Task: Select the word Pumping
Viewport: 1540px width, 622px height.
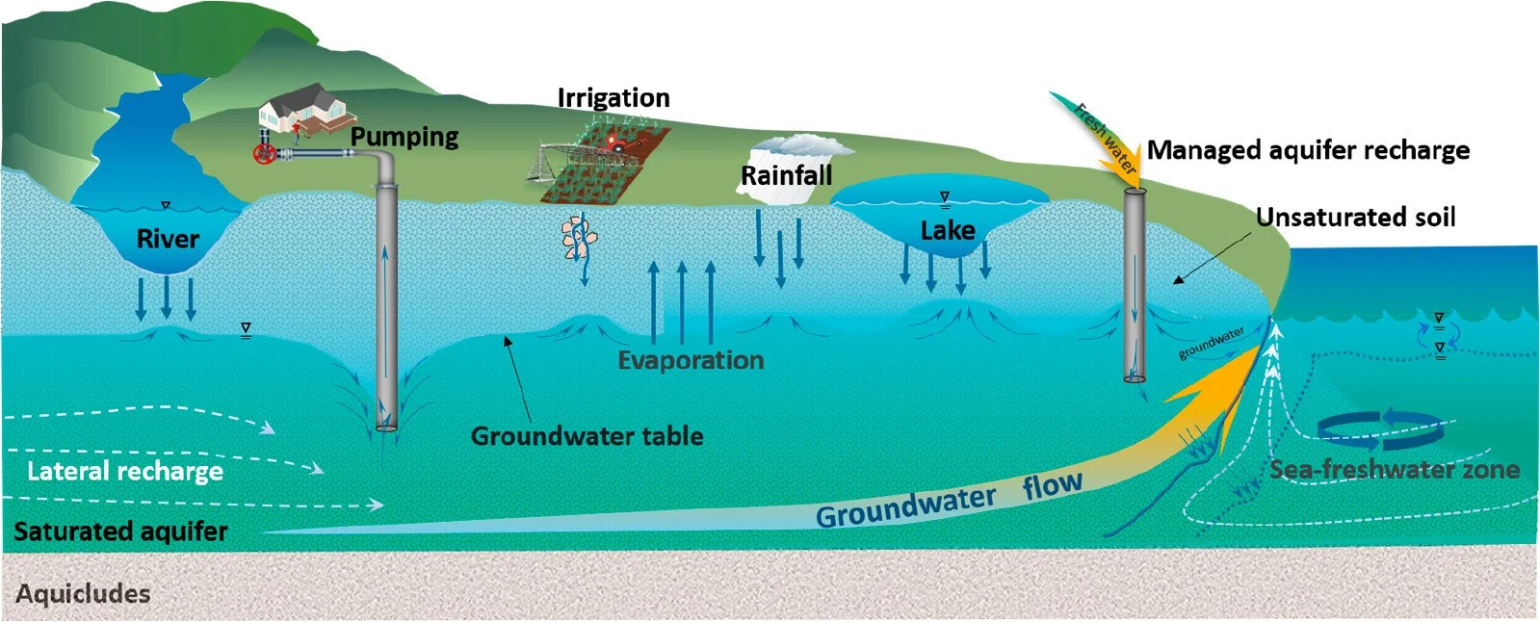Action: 405,136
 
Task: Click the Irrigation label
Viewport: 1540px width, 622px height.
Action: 613,97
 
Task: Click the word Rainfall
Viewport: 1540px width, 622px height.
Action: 786,175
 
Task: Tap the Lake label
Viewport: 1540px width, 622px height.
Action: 948,230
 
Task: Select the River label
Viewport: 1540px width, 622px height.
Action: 168,239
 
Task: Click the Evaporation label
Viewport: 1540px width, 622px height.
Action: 691,360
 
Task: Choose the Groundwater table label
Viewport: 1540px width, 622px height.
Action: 587,436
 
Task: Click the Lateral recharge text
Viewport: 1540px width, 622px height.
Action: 125,471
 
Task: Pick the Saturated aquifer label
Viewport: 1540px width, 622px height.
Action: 120,531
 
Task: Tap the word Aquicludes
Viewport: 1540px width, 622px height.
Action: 83,594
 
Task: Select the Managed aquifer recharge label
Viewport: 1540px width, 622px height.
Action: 1308,150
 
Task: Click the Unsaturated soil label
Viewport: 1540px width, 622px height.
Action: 1355,218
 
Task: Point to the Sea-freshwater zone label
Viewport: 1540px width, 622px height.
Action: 1394,470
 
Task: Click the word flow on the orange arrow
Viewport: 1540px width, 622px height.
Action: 1052,486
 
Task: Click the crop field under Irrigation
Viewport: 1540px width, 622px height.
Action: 597,164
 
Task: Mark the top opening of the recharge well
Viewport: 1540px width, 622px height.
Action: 1135,190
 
